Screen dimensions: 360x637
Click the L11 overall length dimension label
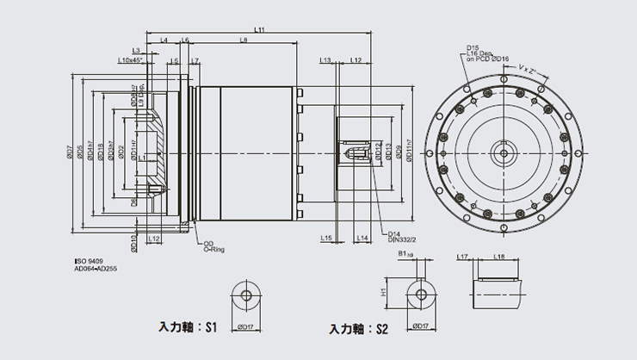[260, 30]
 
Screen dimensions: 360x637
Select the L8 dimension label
[244, 40]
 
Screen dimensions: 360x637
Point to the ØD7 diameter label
[71, 153]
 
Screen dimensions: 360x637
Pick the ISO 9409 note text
[89, 260]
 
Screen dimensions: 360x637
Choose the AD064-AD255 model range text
[95, 268]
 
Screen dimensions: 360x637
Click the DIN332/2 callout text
[401, 241]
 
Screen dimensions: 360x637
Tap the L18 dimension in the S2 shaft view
[498, 257]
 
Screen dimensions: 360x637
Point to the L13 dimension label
[325, 60]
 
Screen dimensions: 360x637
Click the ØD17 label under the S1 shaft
[247, 327]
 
